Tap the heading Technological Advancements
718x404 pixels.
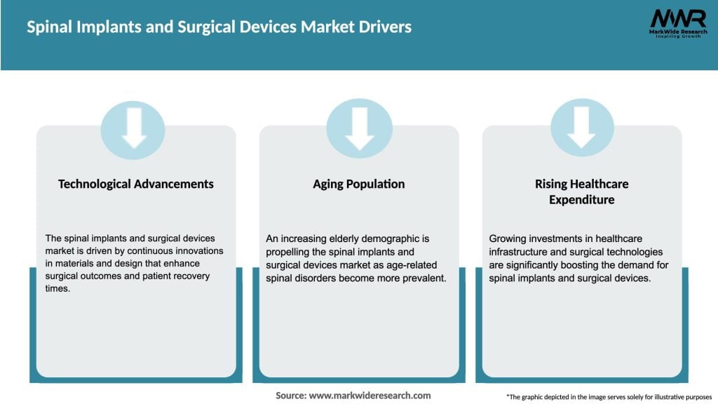coord(136,184)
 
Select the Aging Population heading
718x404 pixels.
coord(359,184)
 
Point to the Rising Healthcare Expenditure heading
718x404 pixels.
coord(581,191)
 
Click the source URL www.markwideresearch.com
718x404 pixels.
coord(370,396)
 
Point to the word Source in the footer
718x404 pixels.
coord(290,396)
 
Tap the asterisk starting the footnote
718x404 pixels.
coord(508,396)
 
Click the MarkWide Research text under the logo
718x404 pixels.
coord(677,32)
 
